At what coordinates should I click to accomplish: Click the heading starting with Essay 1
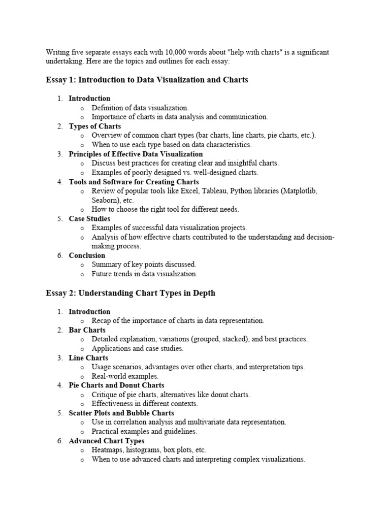pyautogui.click(x=147, y=80)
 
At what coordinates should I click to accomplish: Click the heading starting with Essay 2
pyautogui.click(x=131, y=293)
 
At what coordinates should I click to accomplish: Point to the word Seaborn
pyautogui.click(x=105, y=200)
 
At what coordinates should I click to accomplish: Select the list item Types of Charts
pyautogui.click(x=94, y=126)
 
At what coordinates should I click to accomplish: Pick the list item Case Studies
pyautogui.click(x=89, y=218)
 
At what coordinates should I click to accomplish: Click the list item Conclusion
pyautogui.click(x=87, y=255)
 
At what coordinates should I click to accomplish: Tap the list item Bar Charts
pyautogui.click(x=87, y=330)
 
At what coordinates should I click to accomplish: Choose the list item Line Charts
pyautogui.click(x=88, y=357)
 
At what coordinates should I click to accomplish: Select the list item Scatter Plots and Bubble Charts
pyautogui.click(x=121, y=413)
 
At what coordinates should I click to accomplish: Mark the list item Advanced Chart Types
pyautogui.click(x=106, y=441)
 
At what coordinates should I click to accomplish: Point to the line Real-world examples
pyautogui.click(x=125, y=376)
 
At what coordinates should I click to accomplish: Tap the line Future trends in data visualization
pyautogui.click(x=144, y=274)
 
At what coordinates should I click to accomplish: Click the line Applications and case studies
pyautogui.click(x=137, y=348)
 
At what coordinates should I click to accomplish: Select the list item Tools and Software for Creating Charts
pyautogui.click(x=134, y=182)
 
